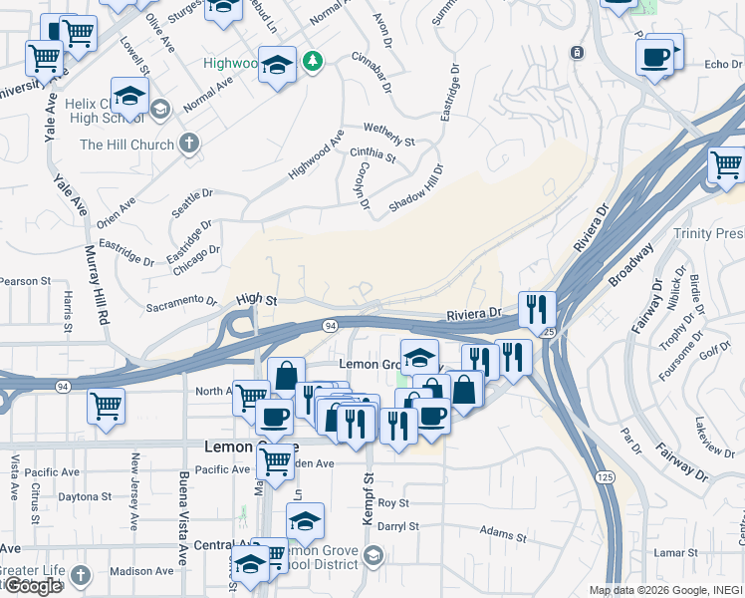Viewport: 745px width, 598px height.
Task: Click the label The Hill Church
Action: (126, 145)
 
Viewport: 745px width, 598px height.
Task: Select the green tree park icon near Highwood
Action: (314, 62)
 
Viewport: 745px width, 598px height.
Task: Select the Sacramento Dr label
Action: (181, 301)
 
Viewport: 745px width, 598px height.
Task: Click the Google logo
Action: (32, 586)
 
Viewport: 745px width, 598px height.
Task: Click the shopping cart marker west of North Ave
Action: (106, 405)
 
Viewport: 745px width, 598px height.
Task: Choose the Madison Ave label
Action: (141, 571)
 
